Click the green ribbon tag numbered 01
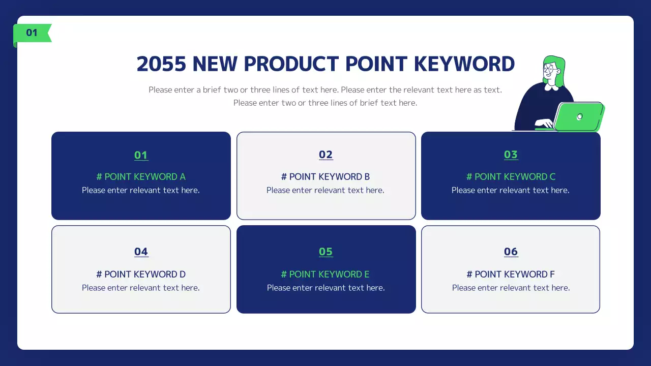32,34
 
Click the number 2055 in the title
161,64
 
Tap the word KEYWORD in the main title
464,64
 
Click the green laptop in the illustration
578,116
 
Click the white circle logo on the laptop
579,117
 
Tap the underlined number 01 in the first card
141,155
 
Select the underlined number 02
325,155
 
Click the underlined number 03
511,155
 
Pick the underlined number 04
141,252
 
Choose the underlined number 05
325,252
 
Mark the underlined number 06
511,252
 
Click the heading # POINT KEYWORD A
141,176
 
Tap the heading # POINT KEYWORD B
325,176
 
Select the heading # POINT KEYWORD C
511,176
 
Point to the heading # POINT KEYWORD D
141,274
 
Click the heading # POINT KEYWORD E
325,274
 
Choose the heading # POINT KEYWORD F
511,274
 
